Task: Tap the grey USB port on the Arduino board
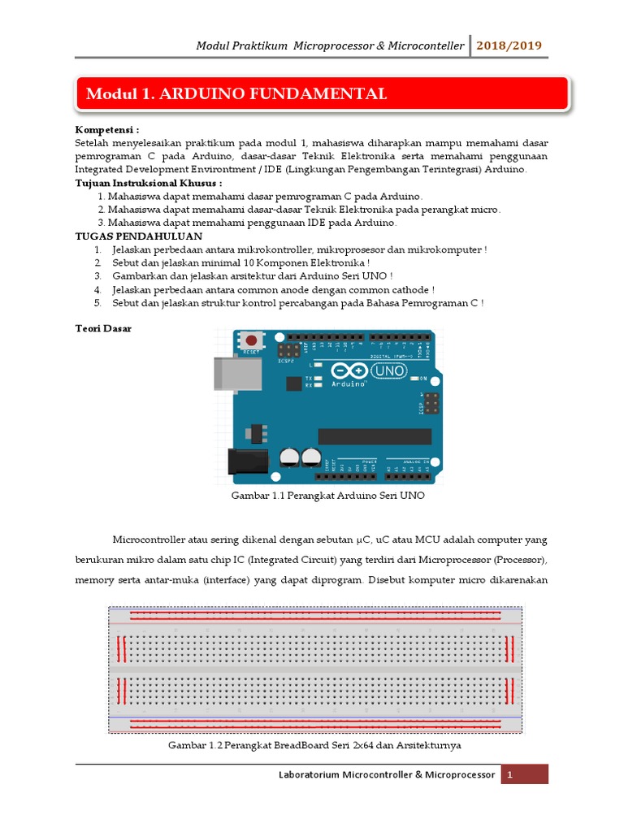click(x=236, y=372)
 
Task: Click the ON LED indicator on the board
click(x=414, y=379)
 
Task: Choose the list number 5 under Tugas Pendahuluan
click(x=96, y=303)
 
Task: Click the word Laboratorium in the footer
click(x=309, y=775)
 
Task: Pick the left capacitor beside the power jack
click(x=288, y=457)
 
